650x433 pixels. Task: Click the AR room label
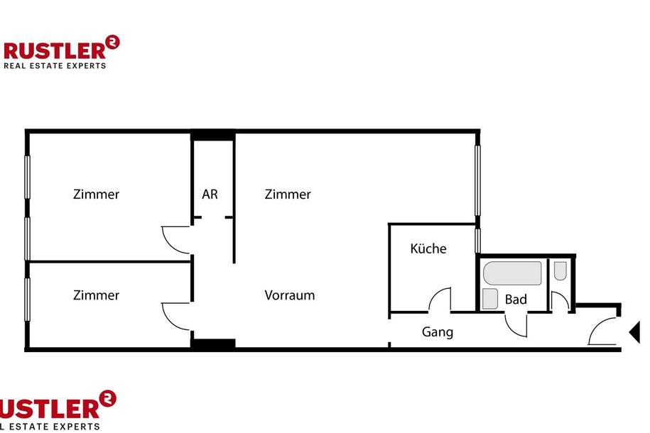pos(210,194)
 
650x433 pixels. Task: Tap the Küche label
pos(428,248)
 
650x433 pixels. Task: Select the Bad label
pos(516,300)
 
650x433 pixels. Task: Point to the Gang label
pos(438,331)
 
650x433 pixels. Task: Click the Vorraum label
pos(290,295)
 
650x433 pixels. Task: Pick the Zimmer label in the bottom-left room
pos(96,295)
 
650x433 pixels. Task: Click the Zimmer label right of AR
pos(288,194)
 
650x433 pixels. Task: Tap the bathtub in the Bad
pos(512,273)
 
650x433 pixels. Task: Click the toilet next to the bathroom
pos(560,270)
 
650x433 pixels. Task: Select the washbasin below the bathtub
pos(490,299)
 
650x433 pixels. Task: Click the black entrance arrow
pos(634,331)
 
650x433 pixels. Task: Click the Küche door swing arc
pos(440,298)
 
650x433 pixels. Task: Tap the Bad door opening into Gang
pos(516,324)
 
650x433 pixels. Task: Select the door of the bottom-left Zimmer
pos(176,315)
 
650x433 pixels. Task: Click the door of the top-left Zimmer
pos(176,239)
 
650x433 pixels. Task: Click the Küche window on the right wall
pos(478,241)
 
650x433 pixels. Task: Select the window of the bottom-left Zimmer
pos(28,305)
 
